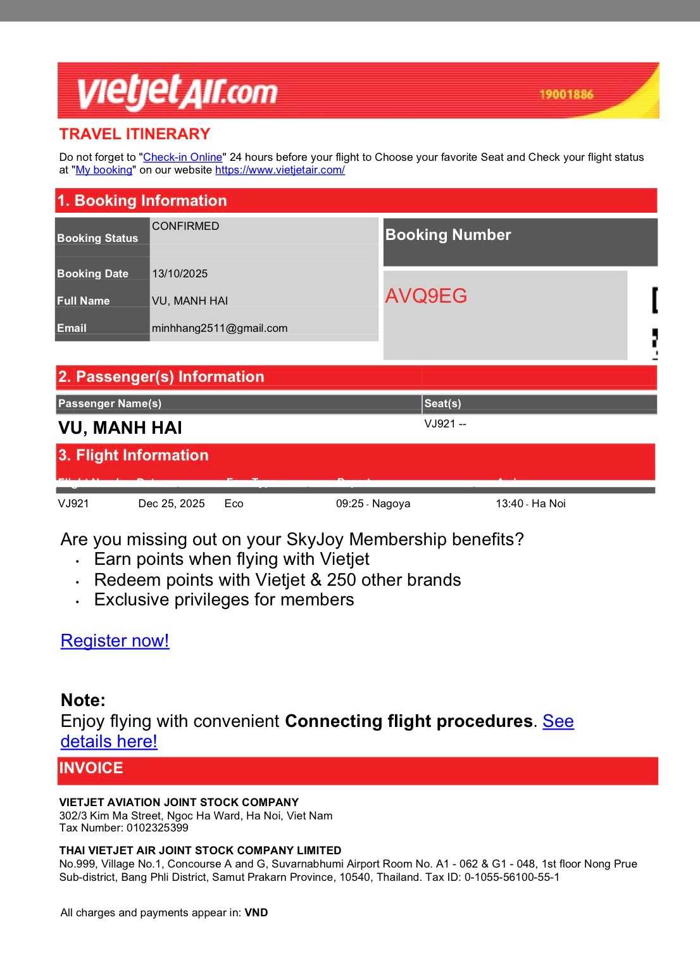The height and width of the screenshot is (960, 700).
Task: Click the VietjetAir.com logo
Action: [177, 92]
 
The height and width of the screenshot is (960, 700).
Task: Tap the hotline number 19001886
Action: [566, 94]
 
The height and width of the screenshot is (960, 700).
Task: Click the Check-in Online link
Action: [183, 157]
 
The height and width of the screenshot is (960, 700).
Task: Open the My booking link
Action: [104, 170]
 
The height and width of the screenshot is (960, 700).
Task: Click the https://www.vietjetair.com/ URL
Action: [280, 170]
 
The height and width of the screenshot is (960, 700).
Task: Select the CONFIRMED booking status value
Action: [185, 226]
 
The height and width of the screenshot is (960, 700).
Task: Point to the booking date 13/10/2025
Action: [180, 274]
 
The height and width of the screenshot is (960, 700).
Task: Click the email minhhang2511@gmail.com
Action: [220, 328]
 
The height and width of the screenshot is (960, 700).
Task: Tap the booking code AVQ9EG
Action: [426, 296]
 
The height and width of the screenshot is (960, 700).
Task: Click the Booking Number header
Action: [448, 235]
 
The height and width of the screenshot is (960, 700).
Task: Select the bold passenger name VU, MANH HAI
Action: [120, 428]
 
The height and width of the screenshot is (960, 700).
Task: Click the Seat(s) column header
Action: [442, 403]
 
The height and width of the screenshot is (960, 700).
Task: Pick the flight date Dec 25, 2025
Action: [172, 503]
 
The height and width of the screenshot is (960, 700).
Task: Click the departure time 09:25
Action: [350, 503]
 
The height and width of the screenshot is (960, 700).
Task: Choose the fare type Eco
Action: [234, 503]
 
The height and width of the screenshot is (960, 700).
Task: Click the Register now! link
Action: [115, 641]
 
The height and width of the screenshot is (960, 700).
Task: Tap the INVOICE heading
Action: [91, 768]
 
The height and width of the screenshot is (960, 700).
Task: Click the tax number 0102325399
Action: [157, 828]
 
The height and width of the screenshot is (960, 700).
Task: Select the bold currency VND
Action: [256, 913]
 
